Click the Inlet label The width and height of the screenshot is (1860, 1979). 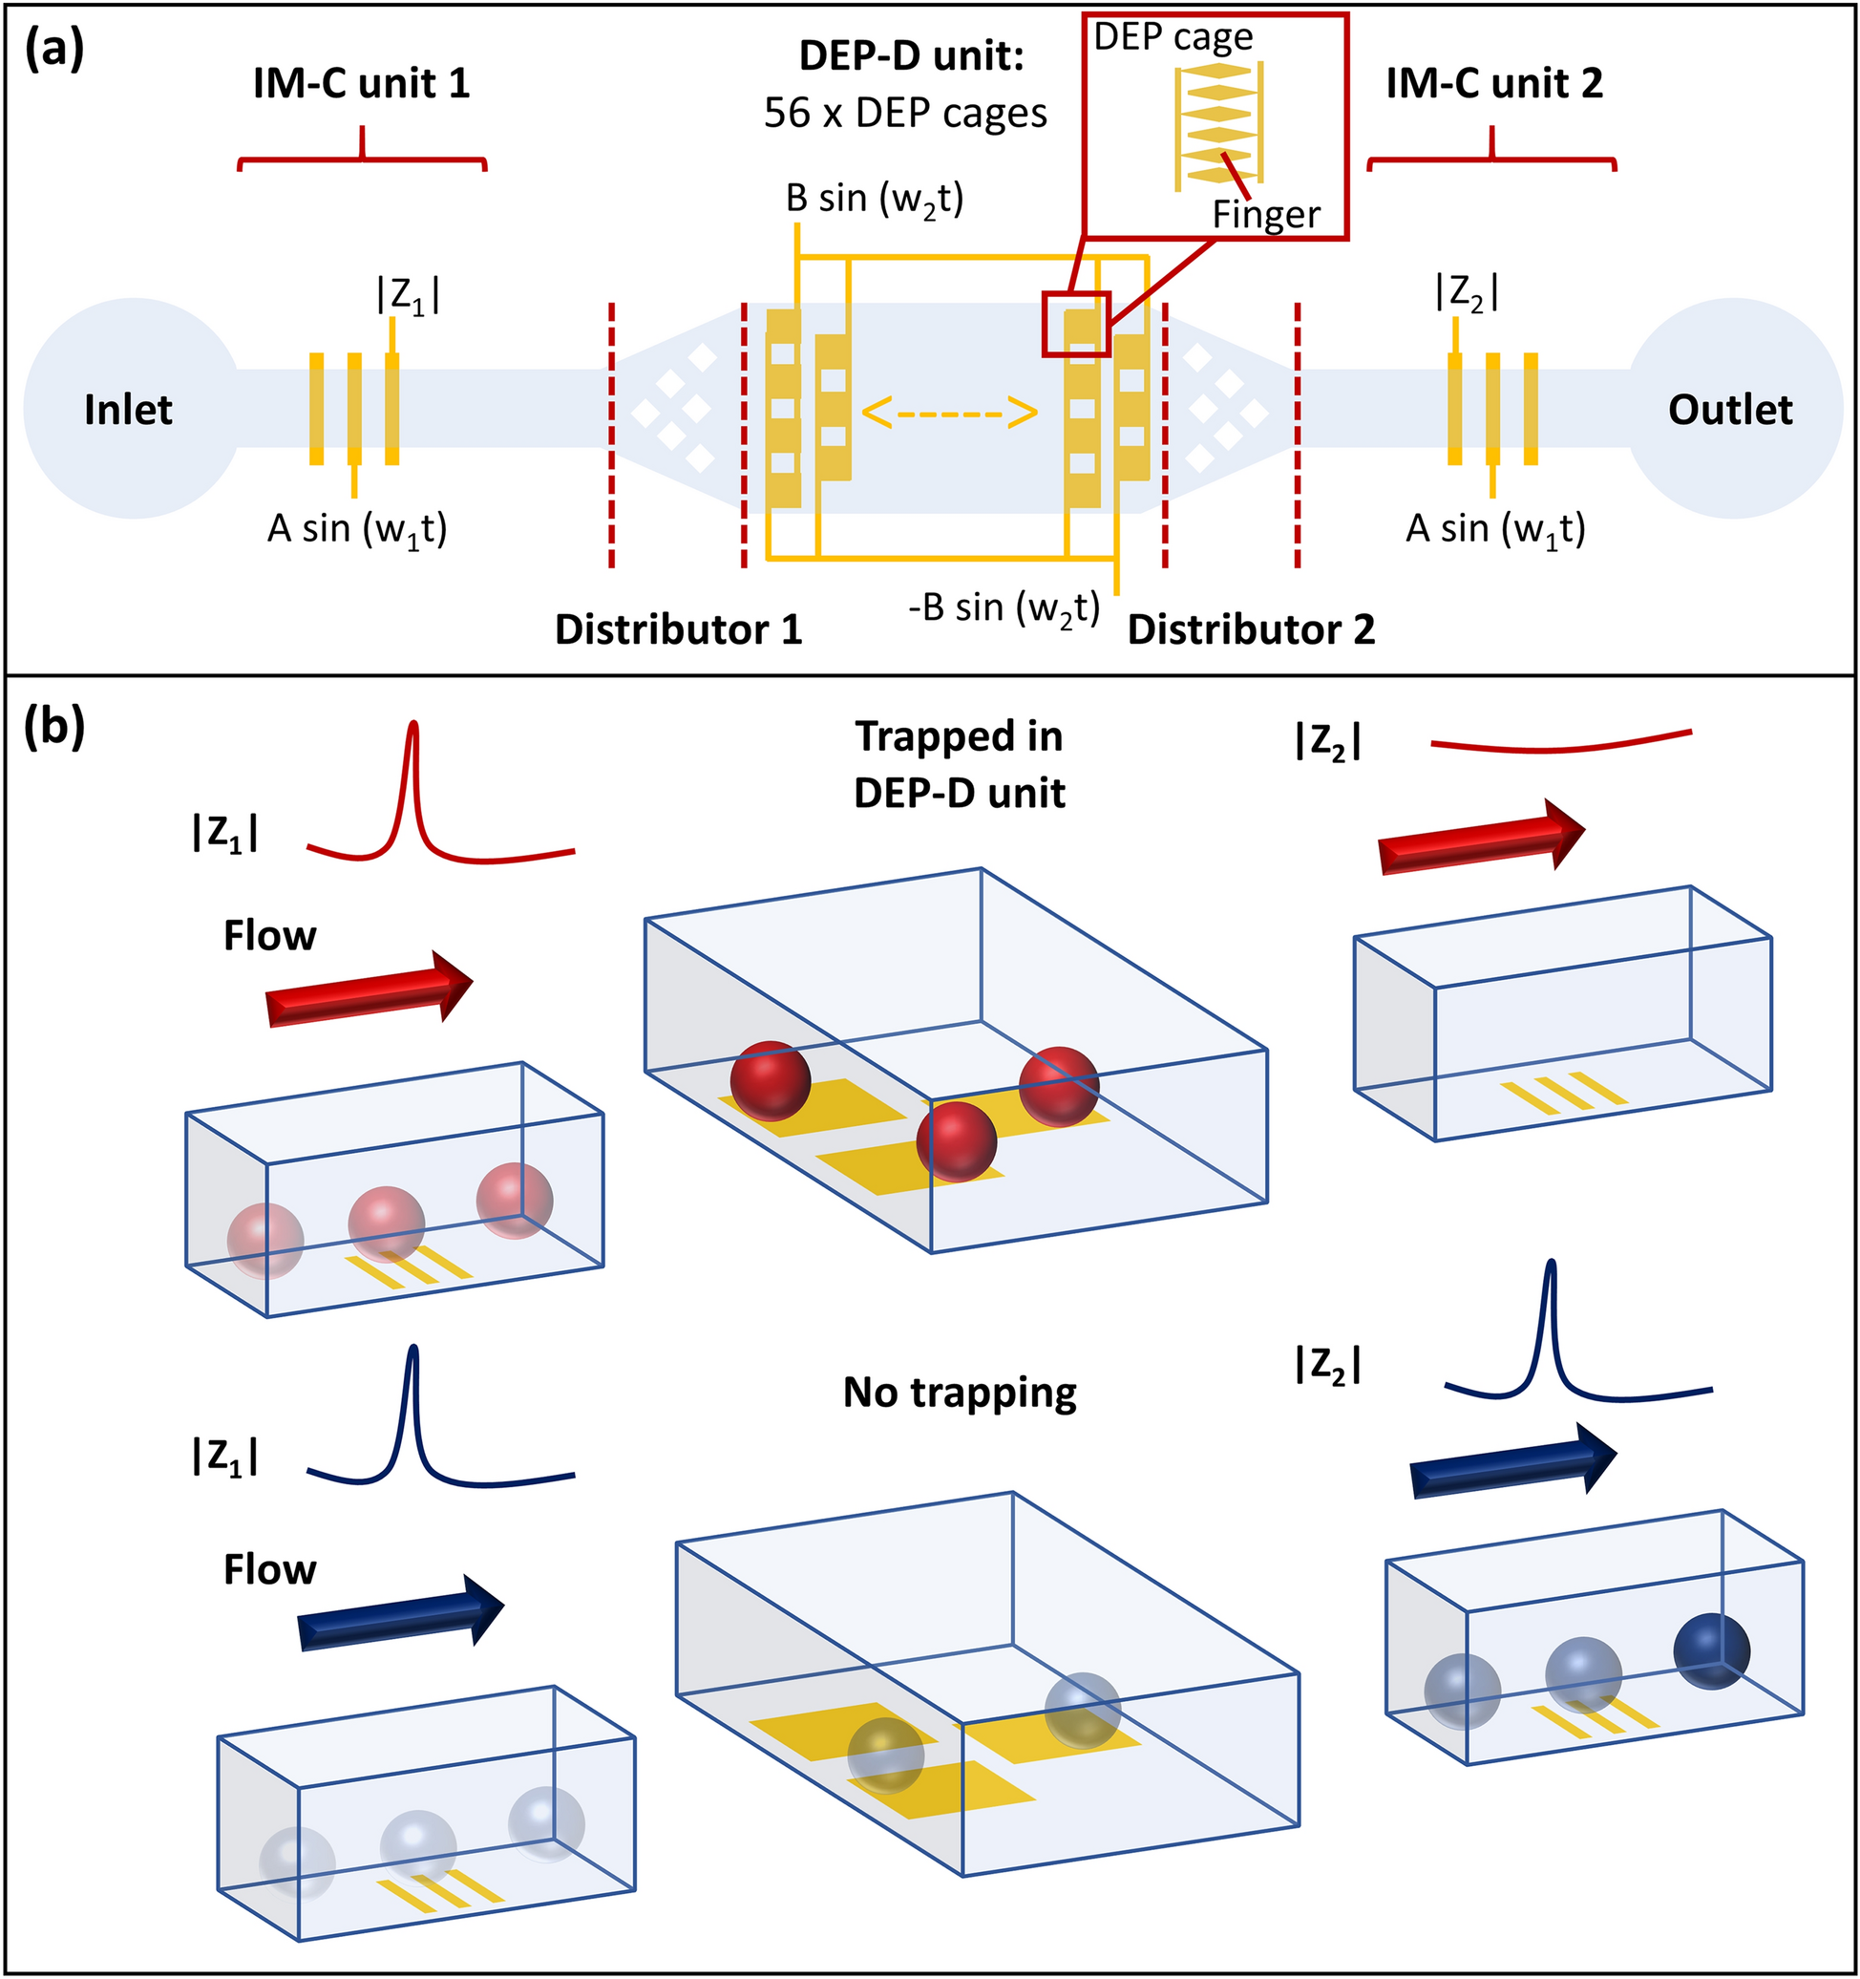[127, 410]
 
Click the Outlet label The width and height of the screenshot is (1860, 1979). [1729, 410]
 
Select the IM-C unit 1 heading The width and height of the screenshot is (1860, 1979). [361, 83]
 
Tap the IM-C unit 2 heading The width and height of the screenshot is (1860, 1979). [1493, 83]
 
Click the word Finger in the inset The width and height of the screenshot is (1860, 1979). [1266, 215]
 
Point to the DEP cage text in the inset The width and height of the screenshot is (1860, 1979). [1173, 38]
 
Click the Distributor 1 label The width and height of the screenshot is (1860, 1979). [678, 629]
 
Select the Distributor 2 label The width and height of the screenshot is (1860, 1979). [1251, 629]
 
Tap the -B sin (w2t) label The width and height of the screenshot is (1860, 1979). [1004, 607]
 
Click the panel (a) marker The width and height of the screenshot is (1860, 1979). [53, 50]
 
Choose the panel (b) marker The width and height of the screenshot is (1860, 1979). [53, 728]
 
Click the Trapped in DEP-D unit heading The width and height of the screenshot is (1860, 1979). [960, 764]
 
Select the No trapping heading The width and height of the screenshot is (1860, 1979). [960, 1393]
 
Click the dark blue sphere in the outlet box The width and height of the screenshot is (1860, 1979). [1711, 1652]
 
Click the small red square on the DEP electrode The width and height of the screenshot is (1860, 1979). [1076, 324]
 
